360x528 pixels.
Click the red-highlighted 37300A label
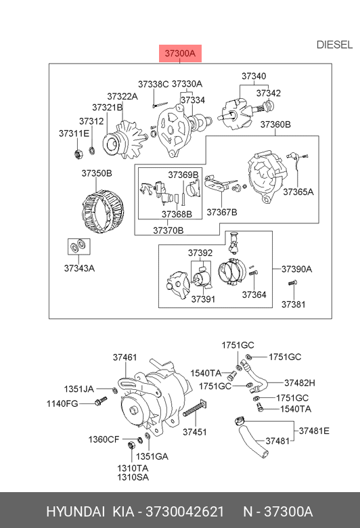pyautogui.click(x=180, y=53)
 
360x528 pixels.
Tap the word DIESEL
pyautogui.click(x=334, y=45)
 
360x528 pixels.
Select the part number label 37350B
pyautogui.click(x=97, y=173)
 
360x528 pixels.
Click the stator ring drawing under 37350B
pyautogui.click(x=103, y=211)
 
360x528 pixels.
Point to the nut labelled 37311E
pyautogui.click(x=78, y=154)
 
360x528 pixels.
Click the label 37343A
pyautogui.click(x=79, y=268)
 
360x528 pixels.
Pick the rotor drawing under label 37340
pyautogui.click(x=235, y=115)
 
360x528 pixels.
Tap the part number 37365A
pyautogui.click(x=298, y=192)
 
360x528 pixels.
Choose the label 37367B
pyautogui.click(x=222, y=212)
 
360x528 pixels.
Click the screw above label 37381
pyautogui.click(x=292, y=283)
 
